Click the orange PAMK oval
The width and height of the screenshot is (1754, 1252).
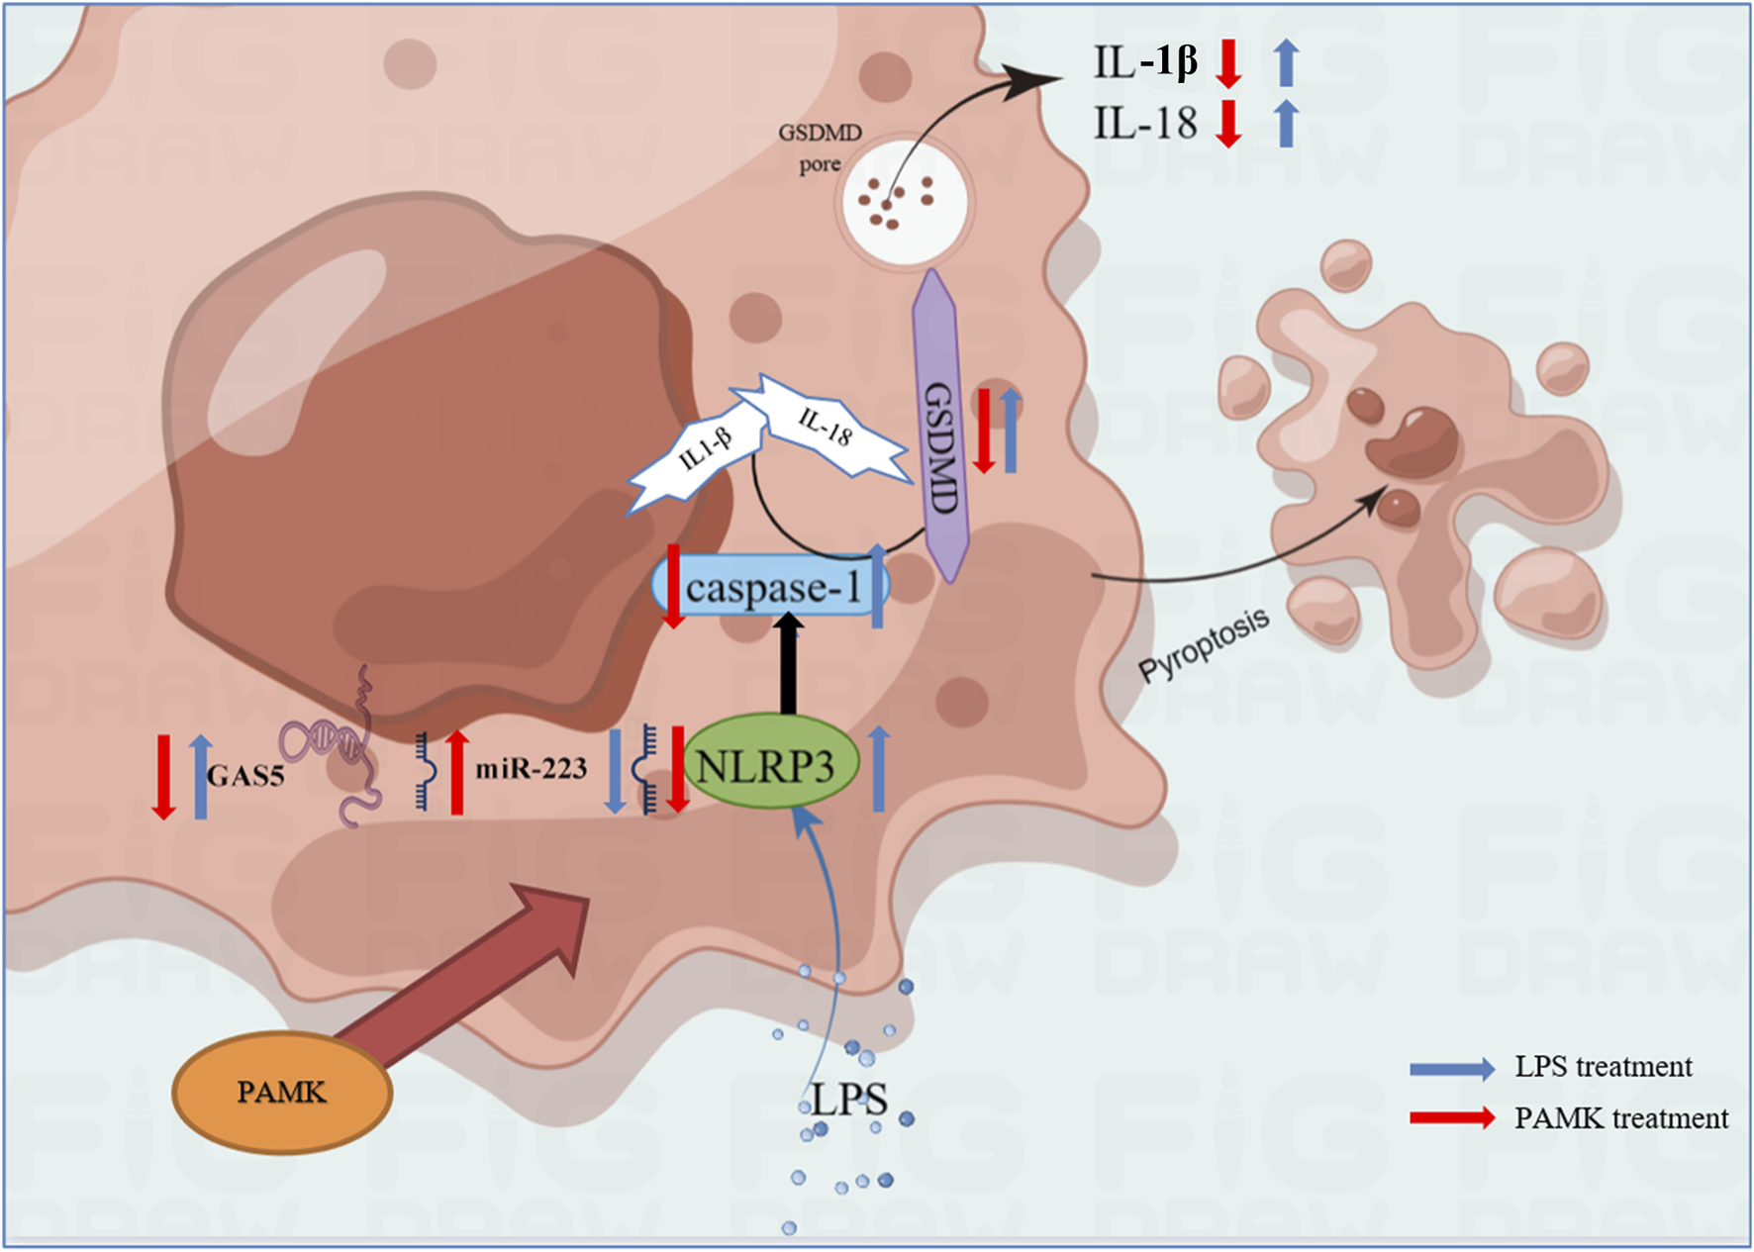point(282,1093)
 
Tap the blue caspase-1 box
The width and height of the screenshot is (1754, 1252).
point(771,587)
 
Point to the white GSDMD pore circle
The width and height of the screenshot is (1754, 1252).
point(903,201)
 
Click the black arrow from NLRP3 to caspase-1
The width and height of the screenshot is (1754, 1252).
point(788,663)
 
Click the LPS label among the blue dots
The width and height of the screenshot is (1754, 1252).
point(849,1100)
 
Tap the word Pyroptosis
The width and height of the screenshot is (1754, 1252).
point(1204,645)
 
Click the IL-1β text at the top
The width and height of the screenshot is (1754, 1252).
point(1145,62)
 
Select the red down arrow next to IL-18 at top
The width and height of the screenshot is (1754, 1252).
point(1228,123)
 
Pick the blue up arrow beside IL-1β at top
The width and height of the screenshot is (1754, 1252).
point(1285,62)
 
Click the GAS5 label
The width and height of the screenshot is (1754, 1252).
point(245,775)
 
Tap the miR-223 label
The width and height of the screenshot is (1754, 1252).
point(531,769)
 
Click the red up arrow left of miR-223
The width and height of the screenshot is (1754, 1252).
point(456,772)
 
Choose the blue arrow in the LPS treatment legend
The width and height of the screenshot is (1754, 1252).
point(1452,1068)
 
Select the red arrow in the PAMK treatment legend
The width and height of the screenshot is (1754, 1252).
point(1452,1118)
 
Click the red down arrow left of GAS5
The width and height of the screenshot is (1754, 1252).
point(163,777)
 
